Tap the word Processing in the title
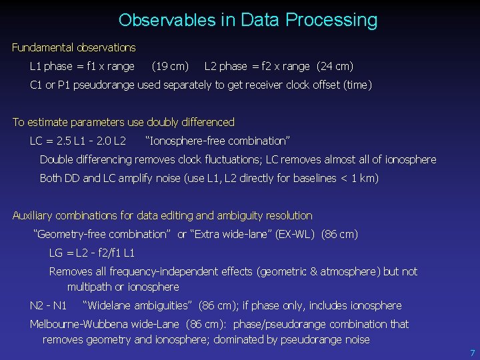coord(331,21)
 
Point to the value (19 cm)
coord(170,67)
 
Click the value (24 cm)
coord(335,67)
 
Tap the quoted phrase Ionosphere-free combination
coord(217,141)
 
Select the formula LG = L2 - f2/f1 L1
coord(92,253)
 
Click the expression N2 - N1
coord(49,306)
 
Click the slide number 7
coord(472,353)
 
